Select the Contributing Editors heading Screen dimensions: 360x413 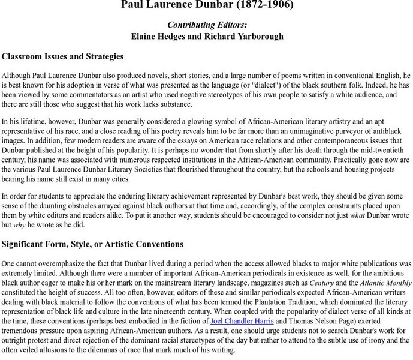coord(207,25)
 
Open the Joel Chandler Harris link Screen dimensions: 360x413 coord(242,321)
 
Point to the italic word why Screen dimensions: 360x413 coord(19,225)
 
